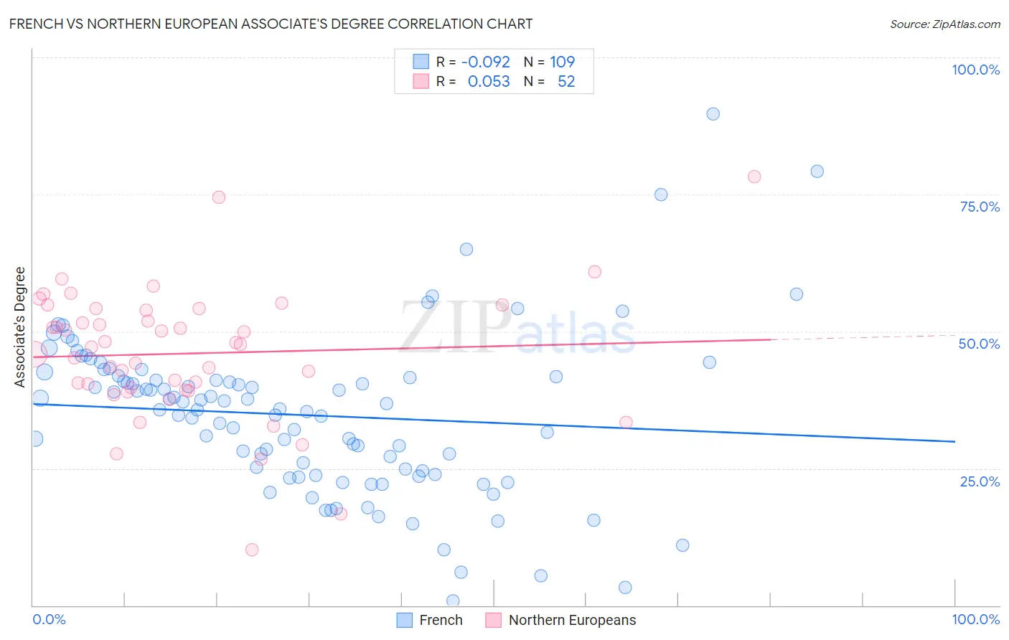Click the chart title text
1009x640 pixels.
(271, 24)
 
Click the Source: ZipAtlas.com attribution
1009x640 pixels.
(944, 24)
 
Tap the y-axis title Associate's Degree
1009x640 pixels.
(20, 326)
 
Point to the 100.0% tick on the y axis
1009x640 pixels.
(975, 70)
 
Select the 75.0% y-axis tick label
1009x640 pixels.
(979, 207)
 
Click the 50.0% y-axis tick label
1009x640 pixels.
(979, 344)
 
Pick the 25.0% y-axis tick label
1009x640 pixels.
(979, 481)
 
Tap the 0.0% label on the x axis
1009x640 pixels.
(49, 619)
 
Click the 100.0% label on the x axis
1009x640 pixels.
(975, 619)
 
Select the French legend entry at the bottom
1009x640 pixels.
(430, 620)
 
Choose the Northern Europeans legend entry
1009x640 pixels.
(560, 620)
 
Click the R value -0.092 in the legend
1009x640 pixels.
(485, 62)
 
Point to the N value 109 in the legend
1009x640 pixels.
(562, 62)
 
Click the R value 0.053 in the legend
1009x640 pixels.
(488, 81)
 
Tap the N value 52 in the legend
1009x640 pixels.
(566, 81)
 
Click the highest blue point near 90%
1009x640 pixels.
(713, 114)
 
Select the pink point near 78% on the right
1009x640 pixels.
(754, 177)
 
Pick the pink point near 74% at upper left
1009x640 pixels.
(219, 197)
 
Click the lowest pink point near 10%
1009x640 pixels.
(251, 550)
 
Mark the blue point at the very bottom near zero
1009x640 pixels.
(453, 601)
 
